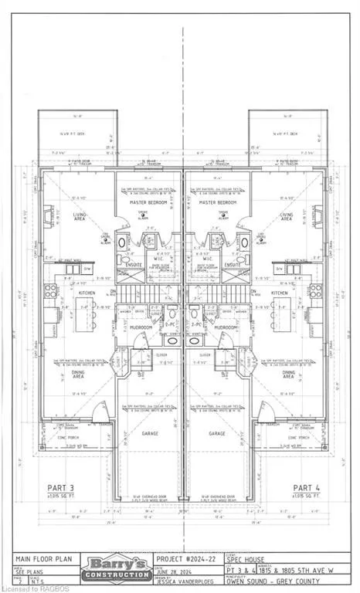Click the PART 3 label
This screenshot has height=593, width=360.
coord(56,487)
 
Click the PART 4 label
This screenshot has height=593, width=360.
coord(307,487)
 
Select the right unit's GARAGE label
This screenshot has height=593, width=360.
coord(216,433)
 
